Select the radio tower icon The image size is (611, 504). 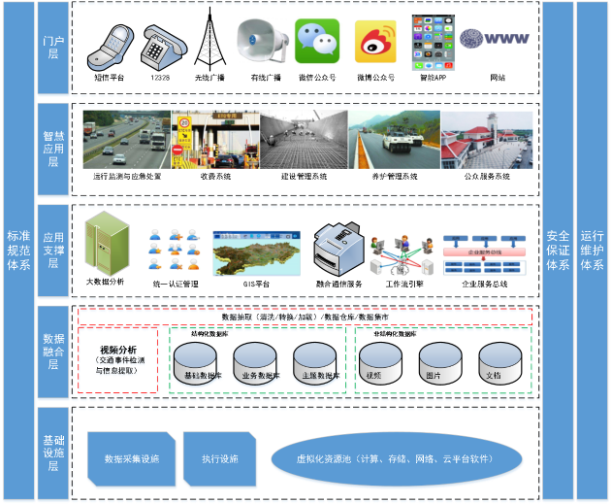(206, 40)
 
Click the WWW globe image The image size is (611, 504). (495, 39)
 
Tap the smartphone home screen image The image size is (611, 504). (433, 42)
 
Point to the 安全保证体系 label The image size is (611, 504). (558, 251)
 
